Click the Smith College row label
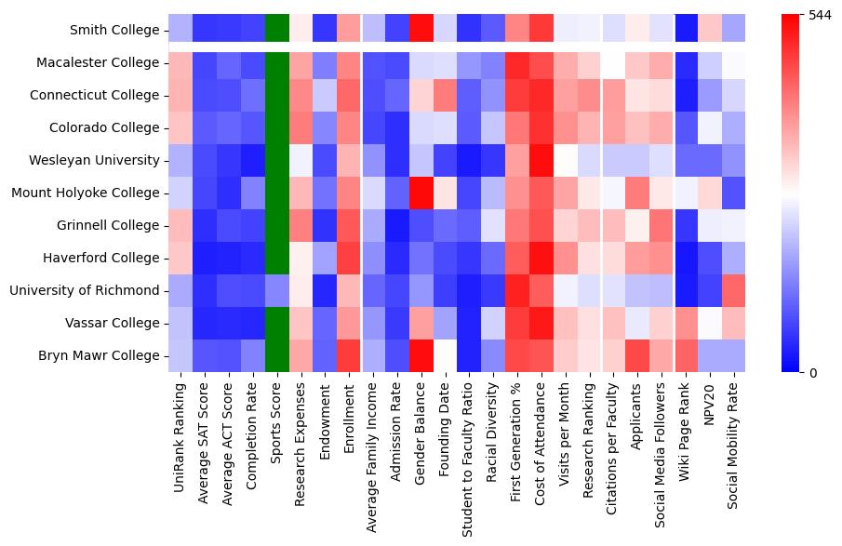(114, 30)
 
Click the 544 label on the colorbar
(820, 16)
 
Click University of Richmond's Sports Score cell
(277, 290)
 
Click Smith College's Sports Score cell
(277, 30)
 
